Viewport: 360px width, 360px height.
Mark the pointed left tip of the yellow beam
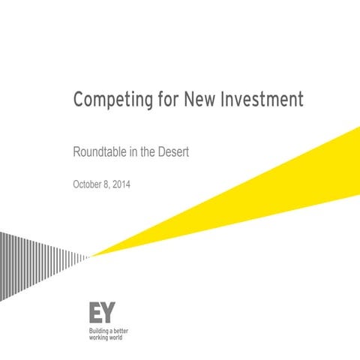pyautogui.click(x=91, y=256)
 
